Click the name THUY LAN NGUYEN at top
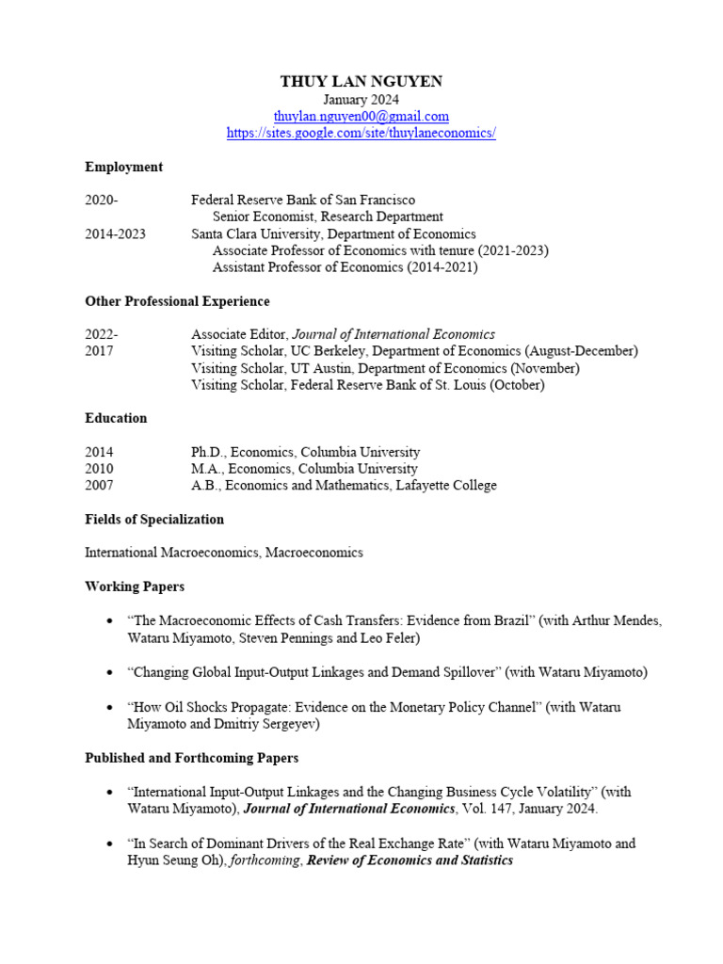361,82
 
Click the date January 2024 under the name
361,100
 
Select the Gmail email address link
361,117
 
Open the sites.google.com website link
361,134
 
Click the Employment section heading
123,167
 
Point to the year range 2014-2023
115,233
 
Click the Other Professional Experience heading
177,301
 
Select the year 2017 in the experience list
99,351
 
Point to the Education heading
116,418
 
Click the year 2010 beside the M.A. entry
99,469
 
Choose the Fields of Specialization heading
154,519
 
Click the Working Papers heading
135,586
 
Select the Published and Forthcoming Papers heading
191,757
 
